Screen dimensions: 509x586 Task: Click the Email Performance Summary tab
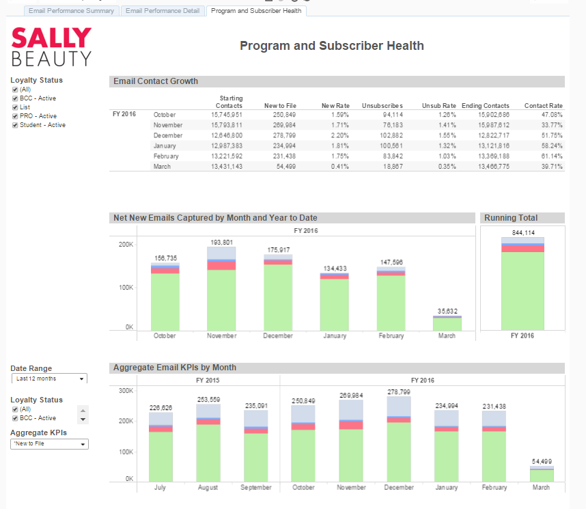tap(71, 11)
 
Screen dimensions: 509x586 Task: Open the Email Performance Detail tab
tap(163, 11)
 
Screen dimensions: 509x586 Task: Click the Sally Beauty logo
tap(51, 46)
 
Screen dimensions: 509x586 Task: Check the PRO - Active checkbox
tap(15, 116)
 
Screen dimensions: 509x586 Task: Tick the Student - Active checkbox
tap(15, 125)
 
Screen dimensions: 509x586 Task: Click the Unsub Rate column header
tap(438, 106)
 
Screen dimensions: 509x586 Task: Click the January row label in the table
tap(164, 146)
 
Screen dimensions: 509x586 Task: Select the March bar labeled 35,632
tap(447, 322)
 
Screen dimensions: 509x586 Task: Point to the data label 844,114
tap(522, 232)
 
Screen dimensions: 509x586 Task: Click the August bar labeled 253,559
tap(208, 444)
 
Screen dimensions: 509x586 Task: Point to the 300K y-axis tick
tap(124, 391)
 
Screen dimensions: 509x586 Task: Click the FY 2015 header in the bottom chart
tap(208, 379)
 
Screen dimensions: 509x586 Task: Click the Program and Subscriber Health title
tap(332, 46)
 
